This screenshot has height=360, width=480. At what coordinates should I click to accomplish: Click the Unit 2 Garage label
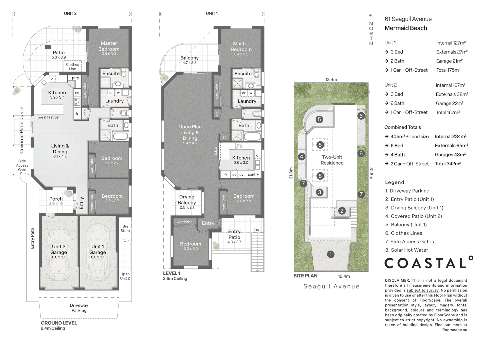point(59,249)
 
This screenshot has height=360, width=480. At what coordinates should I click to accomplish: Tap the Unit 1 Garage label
point(98,249)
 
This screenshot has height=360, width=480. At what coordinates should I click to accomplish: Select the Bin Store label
point(125,228)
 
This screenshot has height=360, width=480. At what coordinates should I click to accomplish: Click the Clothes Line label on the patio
point(72,67)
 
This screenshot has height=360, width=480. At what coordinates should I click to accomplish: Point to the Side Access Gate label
point(22,165)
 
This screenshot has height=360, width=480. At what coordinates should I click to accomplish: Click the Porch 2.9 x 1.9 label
point(56,201)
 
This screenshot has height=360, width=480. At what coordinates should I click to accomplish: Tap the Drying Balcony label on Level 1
point(187,200)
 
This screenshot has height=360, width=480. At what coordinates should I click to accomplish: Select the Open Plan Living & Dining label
point(190,132)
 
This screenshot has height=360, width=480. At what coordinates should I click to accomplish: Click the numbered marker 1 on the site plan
point(330,254)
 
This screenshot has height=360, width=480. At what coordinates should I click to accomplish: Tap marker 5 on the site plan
point(319,119)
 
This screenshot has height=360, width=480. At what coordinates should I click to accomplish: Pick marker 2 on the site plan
point(342,211)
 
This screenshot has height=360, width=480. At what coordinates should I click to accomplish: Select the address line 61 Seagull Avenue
point(408,19)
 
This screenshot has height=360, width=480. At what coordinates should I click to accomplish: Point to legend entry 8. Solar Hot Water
point(406,250)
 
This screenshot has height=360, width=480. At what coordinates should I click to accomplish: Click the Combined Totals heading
point(402,127)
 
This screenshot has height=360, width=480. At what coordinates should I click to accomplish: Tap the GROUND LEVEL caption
point(59,323)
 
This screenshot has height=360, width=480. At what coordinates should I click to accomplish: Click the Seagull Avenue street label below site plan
point(331,286)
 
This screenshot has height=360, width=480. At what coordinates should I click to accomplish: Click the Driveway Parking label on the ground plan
point(79,308)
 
